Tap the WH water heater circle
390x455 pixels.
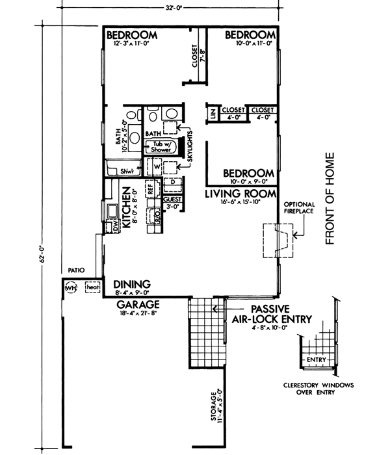coord(70,286)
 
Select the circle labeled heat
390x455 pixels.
coord(92,286)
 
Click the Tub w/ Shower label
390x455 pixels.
coord(162,146)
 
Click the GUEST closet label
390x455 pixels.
coord(172,200)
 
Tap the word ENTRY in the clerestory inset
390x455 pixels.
coord(317,359)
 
